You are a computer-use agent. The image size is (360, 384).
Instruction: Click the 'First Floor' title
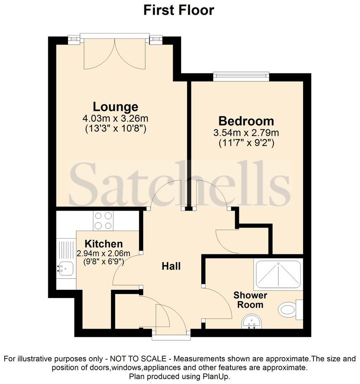179,9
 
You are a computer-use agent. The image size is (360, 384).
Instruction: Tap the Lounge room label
115,107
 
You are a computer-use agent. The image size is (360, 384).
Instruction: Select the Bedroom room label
246,121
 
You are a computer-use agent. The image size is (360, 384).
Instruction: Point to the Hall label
171,266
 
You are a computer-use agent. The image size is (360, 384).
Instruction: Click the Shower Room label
250,300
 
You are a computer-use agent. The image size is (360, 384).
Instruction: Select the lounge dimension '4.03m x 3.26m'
115,119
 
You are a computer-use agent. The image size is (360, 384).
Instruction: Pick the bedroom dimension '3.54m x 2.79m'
246,133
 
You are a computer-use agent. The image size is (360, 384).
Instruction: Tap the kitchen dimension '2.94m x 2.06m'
104,253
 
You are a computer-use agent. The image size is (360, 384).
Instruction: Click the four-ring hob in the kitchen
103,220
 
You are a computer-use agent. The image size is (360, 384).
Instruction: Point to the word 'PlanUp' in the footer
217,377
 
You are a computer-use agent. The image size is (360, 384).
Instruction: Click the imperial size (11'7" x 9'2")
246,143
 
